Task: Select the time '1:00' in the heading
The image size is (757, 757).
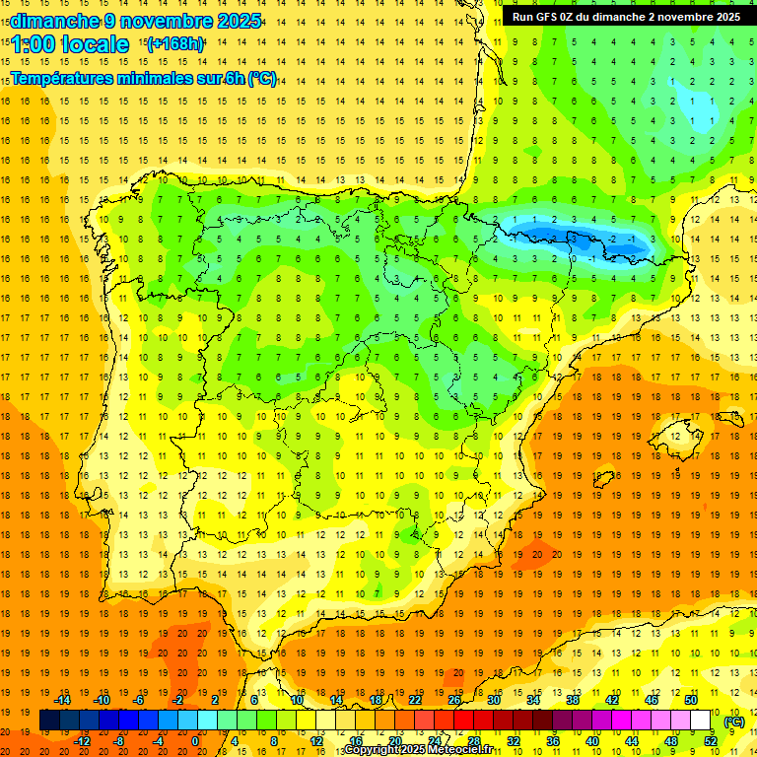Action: click(x=33, y=44)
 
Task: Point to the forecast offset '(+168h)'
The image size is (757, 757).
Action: click(x=174, y=44)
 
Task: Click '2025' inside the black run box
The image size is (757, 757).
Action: click(x=723, y=17)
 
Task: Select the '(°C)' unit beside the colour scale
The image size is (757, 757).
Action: click(x=734, y=722)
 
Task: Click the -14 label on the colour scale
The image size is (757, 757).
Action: click(x=62, y=700)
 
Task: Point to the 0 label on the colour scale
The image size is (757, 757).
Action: click(x=195, y=741)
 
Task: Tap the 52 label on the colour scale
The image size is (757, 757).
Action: click(x=710, y=741)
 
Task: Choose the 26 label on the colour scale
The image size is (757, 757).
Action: click(x=454, y=700)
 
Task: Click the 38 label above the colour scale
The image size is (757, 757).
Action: click(x=572, y=700)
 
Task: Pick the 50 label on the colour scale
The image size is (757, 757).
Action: click(x=691, y=700)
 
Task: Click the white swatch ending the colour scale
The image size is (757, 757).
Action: click(x=700, y=721)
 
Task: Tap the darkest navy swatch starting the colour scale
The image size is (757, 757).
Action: click(x=49, y=721)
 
